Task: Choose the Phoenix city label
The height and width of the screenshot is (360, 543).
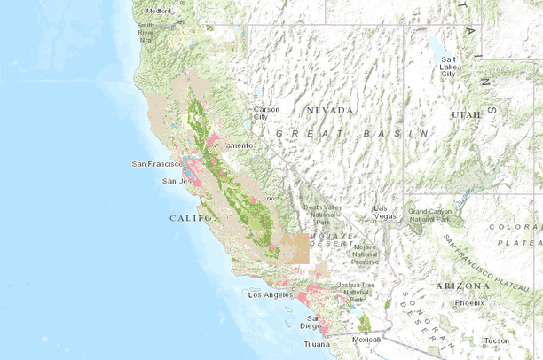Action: pyautogui.click(x=469, y=303)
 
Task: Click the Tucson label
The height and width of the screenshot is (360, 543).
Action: pyautogui.click(x=497, y=340)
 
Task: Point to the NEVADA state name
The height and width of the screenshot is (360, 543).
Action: pyautogui.click(x=330, y=110)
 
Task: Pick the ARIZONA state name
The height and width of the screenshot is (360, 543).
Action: pyautogui.click(x=461, y=286)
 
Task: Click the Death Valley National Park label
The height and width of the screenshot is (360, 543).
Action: pyautogui.click(x=320, y=214)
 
